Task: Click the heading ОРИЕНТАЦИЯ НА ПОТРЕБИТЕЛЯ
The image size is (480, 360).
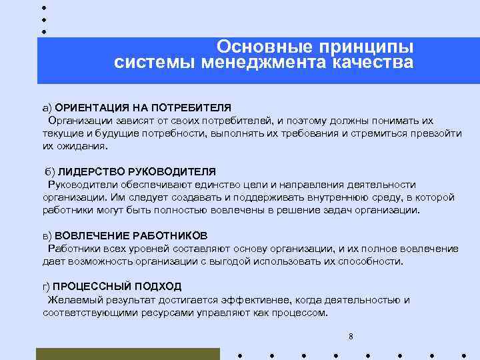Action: tap(143, 107)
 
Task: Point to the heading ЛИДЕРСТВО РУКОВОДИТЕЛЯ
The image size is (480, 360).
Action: tap(137, 171)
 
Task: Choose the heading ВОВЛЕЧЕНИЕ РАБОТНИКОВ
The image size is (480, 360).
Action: tap(131, 236)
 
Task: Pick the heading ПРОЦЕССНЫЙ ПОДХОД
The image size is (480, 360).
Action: tap(117, 287)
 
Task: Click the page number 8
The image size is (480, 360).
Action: tap(351, 336)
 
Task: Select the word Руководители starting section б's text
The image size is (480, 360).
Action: tap(79, 185)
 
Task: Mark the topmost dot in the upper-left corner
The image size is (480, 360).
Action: tap(43, 7)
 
